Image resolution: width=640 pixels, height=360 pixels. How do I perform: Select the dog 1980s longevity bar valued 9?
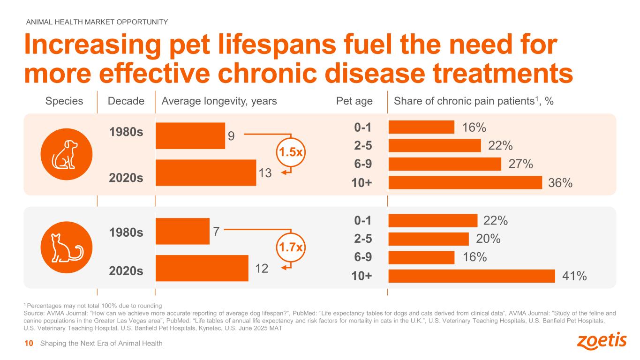[x=190, y=135]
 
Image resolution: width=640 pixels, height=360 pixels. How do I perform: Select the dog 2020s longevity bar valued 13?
[x=205, y=172]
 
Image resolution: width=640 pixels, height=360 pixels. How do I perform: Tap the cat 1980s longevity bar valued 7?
[x=182, y=231]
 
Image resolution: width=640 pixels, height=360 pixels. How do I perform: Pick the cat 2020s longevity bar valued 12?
[x=202, y=268]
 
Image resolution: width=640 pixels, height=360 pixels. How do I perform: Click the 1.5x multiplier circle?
[x=291, y=152]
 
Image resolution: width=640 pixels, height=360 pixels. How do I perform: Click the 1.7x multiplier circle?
[x=291, y=247]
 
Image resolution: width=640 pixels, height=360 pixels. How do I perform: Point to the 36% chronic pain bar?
[x=465, y=182]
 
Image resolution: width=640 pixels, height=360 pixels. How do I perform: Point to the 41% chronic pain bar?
[x=472, y=276]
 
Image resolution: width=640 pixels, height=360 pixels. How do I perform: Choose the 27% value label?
[x=521, y=164]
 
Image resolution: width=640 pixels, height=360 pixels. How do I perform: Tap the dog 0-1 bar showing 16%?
[x=422, y=127]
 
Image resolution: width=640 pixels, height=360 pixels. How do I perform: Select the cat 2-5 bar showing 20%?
[x=429, y=239]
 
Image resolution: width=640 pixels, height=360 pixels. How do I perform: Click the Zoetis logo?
[x=602, y=341]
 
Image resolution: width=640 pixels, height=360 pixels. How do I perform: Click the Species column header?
[x=64, y=101]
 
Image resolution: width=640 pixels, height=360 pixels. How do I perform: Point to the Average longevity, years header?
[x=219, y=101]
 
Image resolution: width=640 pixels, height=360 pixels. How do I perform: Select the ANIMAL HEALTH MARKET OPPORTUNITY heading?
[x=97, y=22]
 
